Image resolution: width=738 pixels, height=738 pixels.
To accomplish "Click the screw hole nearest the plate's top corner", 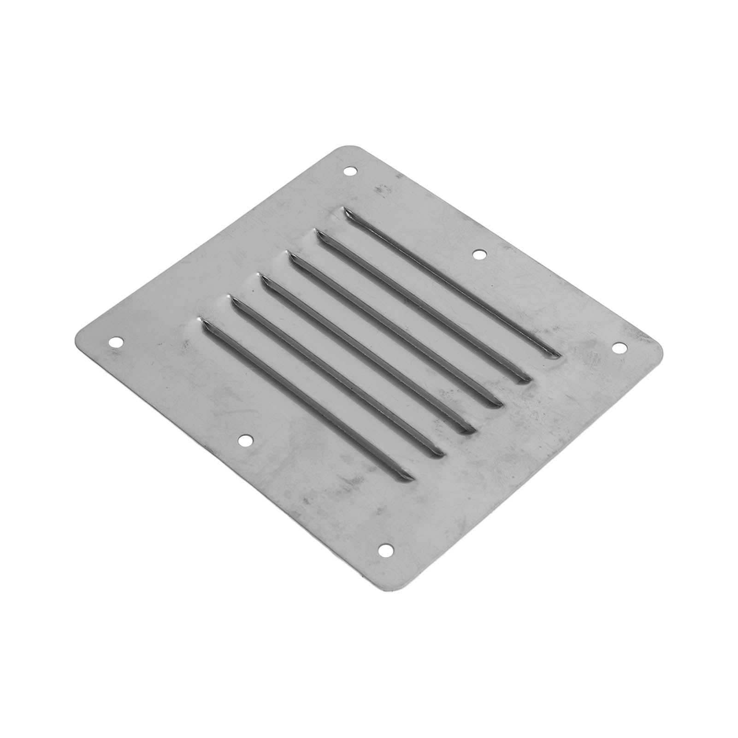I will [350, 171].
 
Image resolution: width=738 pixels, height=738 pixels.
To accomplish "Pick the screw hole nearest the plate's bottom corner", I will [384, 549].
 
